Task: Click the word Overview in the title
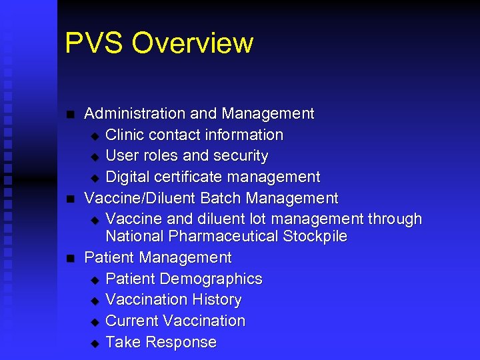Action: coord(193,44)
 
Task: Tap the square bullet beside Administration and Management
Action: coord(70,115)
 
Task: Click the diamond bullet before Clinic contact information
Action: coord(94,136)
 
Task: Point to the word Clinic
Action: coord(125,135)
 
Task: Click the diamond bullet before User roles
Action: coord(94,157)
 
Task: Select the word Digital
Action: coord(127,177)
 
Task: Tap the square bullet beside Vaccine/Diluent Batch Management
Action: coord(70,199)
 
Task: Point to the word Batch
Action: coord(221,199)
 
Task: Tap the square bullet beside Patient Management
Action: coord(70,258)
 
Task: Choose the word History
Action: coord(217,300)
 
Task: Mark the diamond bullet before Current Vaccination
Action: coord(94,322)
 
